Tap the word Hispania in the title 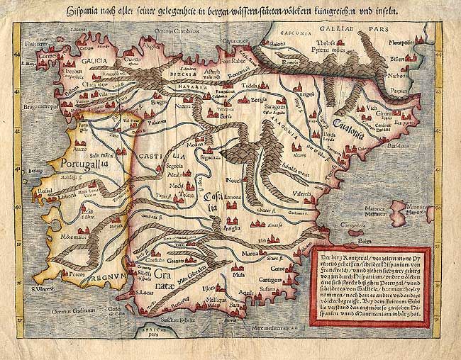point(84,11)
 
